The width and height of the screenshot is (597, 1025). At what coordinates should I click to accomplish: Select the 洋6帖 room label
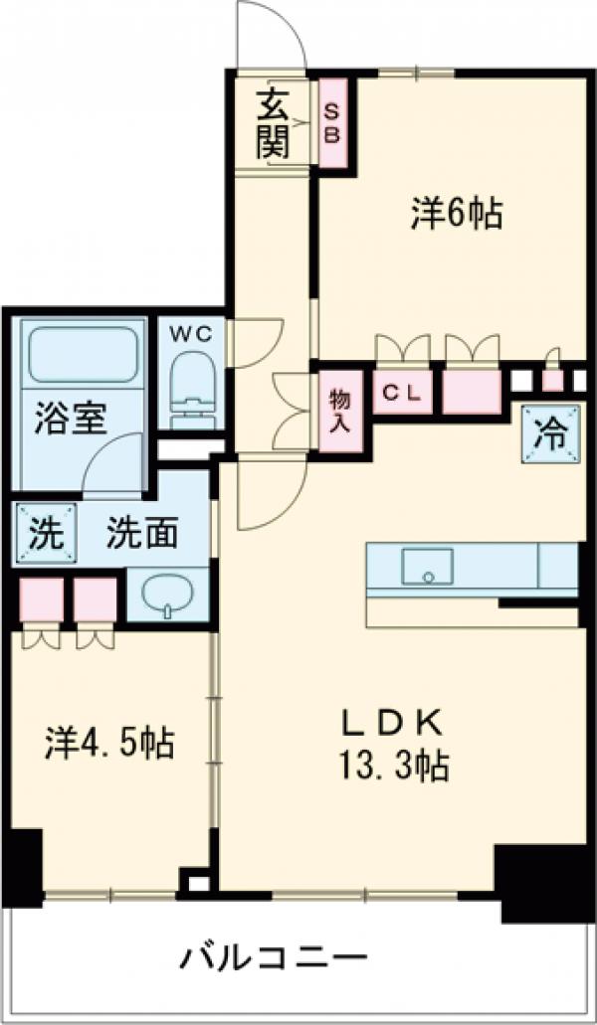click(x=457, y=214)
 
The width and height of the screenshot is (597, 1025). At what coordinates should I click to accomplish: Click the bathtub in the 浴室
click(x=83, y=353)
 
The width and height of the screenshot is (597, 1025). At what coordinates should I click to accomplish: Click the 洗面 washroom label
click(x=142, y=535)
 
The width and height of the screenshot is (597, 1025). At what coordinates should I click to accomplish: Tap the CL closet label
click(x=402, y=392)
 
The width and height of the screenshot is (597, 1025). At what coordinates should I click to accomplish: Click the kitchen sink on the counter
click(x=428, y=566)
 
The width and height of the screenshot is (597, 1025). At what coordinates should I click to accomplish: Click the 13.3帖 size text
click(x=391, y=766)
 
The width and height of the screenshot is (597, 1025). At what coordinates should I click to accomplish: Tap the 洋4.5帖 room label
click(x=109, y=742)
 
